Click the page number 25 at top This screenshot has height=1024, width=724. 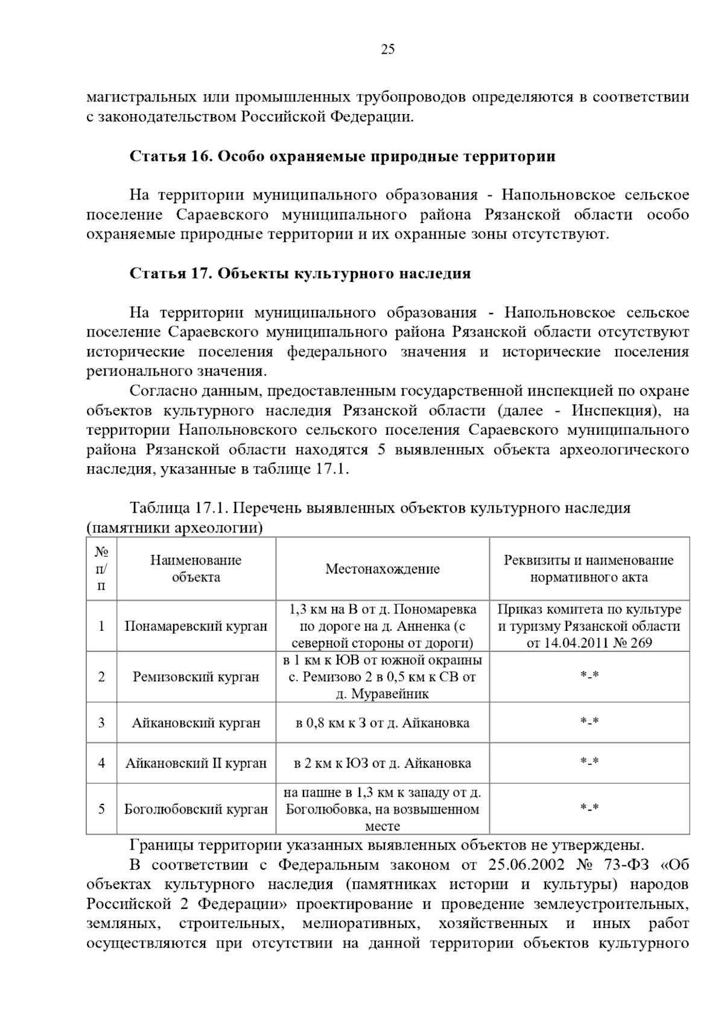[x=387, y=50]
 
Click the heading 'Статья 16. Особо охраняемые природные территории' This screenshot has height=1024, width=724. [x=342, y=157]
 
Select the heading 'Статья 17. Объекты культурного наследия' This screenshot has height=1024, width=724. [x=300, y=274]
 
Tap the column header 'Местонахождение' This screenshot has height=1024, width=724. [x=383, y=569]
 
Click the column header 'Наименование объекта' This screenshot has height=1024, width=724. [x=195, y=569]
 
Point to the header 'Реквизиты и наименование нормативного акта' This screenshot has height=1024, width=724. [x=589, y=569]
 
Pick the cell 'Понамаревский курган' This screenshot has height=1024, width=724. [x=195, y=626]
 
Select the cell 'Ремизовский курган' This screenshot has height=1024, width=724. [x=195, y=677]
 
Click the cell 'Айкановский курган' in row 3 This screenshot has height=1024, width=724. [x=195, y=722]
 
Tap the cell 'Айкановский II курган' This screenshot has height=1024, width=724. [x=195, y=763]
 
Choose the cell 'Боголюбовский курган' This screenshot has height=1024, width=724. [x=195, y=809]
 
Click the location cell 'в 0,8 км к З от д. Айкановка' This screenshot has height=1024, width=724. [x=383, y=722]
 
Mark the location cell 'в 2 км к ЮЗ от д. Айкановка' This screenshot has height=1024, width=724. [x=383, y=763]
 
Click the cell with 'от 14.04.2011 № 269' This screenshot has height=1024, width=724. [x=589, y=643]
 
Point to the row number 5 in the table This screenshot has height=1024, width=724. [x=101, y=809]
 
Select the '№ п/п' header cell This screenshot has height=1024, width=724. [x=101, y=569]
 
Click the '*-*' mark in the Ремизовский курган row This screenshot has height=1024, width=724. [x=589, y=676]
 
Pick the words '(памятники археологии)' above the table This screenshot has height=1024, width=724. [x=175, y=528]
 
